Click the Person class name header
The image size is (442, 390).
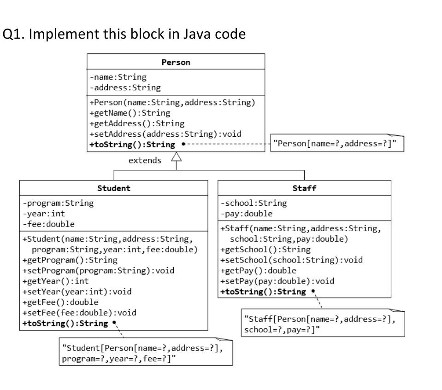point(176,62)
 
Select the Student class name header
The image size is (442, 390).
point(114,188)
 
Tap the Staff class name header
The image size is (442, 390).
point(304,188)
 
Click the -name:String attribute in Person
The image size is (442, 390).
point(118,77)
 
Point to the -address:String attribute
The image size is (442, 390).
point(125,87)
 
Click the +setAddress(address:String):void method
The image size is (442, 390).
point(165,134)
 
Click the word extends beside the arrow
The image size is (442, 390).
point(145,160)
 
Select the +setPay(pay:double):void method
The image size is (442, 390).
point(277,281)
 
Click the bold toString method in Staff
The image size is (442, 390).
point(263,291)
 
